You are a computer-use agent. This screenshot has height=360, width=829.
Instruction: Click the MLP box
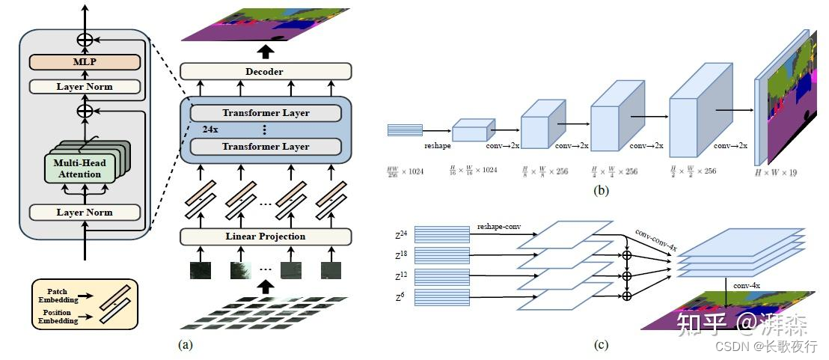(85, 63)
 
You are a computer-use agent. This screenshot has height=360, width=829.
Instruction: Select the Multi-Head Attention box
(83, 168)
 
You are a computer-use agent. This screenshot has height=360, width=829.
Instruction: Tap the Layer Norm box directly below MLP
(85, 87)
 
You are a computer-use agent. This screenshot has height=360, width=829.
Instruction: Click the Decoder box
(265, 71)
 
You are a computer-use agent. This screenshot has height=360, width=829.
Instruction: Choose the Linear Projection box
(265, 237)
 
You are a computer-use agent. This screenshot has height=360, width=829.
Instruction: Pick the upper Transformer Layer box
(265, 113)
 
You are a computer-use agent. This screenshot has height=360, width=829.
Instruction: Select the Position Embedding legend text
(57, 316)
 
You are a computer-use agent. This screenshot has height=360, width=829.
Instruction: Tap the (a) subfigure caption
(186, 345)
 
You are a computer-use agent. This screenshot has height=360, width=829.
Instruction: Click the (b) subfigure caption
(601, 191)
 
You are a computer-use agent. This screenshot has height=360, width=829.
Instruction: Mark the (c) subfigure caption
(601, 345)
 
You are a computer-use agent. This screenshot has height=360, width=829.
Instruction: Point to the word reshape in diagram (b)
(437, 147)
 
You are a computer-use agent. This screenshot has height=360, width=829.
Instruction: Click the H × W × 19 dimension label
(781, 172)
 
